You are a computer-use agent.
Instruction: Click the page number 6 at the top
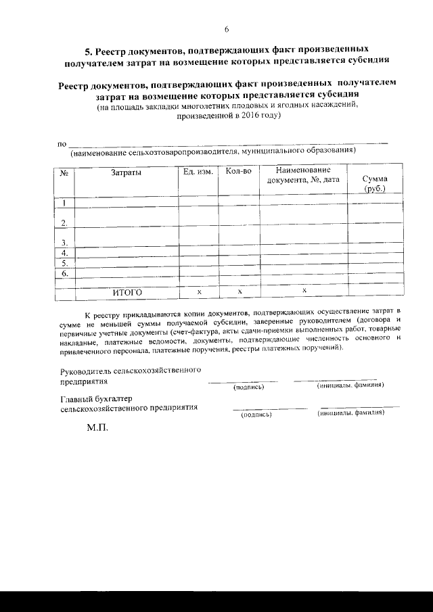pos(226,29)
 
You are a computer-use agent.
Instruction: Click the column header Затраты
pos(126,172)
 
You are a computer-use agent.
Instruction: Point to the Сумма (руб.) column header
pos(375,183)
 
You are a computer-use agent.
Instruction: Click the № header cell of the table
pos(65,172)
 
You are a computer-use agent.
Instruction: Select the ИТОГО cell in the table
pos(127,292)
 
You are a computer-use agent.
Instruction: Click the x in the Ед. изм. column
pos(199,291)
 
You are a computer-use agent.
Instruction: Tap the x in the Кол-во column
pos(239,291)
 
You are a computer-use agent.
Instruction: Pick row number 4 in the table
pos(64,252)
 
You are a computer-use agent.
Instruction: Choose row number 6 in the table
pos(64,274)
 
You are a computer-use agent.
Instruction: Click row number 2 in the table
pos(64,222)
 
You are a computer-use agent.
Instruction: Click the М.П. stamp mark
pos(97,428)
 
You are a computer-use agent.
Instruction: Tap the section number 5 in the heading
pos(87,50)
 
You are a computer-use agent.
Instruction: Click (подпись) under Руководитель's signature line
pos(248,387)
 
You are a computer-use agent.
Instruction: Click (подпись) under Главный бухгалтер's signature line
pos(256,414)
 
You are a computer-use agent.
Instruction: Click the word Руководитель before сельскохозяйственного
pos(85,371)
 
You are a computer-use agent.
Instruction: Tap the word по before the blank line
pos(62,144)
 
